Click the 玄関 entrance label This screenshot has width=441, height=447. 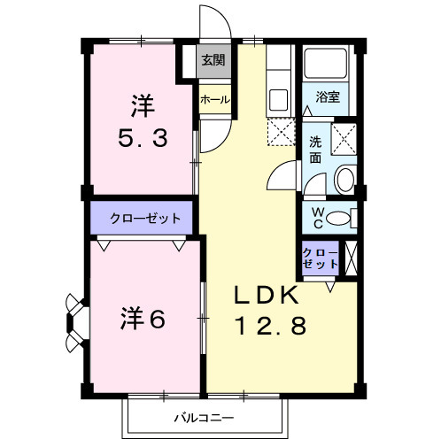click(x=212, y=60)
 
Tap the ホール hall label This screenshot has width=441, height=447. click(x=214, y=100)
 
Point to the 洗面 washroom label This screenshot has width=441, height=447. click(x=315, y=149)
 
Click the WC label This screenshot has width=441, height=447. click(x=317, y=216)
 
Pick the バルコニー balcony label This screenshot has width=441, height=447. click(x=203, y=417)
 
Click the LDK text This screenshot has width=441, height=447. click(x=269, y=296)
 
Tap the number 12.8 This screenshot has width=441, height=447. click(x=270, y=327)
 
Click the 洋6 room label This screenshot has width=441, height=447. click(x=143, y=319)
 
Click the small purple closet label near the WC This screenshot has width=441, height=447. click(x=320, y=258)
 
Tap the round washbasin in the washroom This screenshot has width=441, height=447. click(x=344, y=181)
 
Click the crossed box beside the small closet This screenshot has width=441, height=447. click(x=351, y=256)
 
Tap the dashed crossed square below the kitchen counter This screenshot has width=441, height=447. click(x=279, y=133)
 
